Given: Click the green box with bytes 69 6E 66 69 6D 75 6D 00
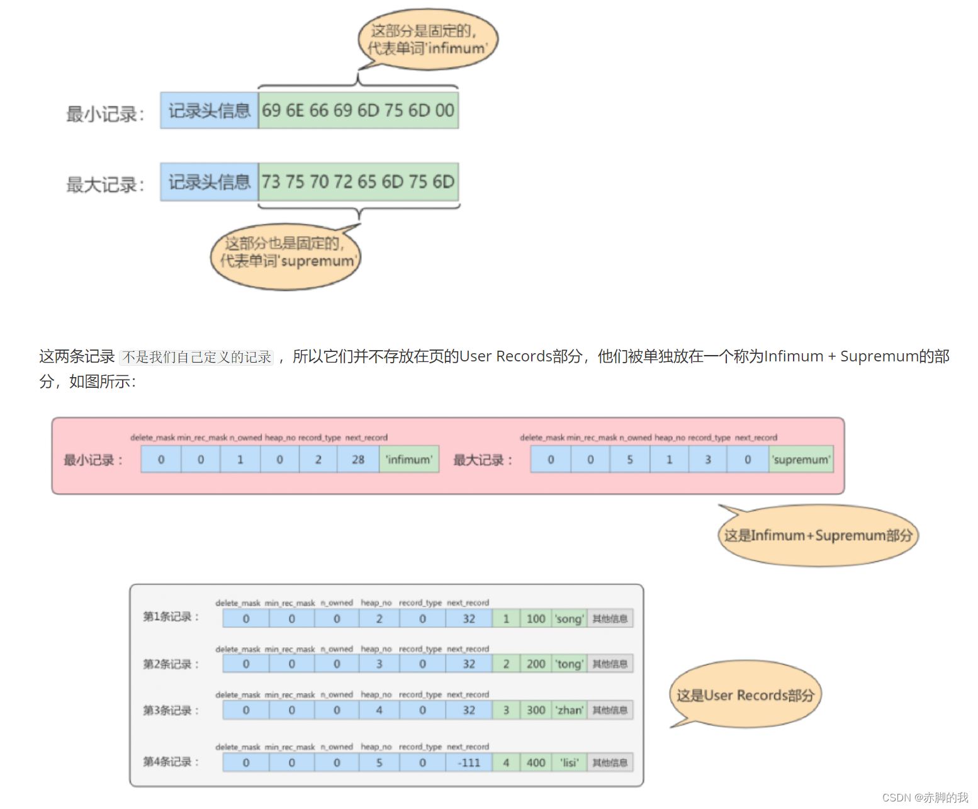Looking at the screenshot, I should (x=358, y=111).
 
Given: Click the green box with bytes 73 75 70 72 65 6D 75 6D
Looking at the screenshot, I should (x=358, y=182).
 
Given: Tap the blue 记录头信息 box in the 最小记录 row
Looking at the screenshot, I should (x=209, y=111).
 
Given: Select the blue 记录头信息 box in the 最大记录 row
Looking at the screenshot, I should (x=209, y=182).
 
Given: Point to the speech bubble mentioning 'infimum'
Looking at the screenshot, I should (x=427, y=40).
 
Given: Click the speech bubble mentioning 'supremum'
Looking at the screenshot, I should (x=286, y=256).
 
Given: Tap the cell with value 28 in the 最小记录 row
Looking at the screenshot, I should (x=358, y=460).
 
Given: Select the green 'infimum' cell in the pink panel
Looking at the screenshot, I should (x=409, y=460).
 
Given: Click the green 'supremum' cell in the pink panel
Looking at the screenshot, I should (x=801, y=460).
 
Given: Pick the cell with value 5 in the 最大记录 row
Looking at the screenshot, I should (x=629, y=460).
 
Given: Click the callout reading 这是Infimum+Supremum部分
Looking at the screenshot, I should (x=818, y=536).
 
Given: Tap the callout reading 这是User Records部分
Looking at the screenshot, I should (x=745, y=695).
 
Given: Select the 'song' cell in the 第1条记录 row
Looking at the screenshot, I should (x=569, y=619).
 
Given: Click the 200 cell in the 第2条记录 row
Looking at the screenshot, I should (x=536, y=664).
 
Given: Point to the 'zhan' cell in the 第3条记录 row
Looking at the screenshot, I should (x=569, y=710).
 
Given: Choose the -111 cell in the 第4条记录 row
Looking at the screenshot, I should (x=469, y=762).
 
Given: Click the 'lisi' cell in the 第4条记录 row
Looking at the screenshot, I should (x=569, y=762).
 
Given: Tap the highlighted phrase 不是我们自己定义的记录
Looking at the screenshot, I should (x=196, y=357).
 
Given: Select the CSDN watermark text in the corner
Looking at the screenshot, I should (x=925, y=797).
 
